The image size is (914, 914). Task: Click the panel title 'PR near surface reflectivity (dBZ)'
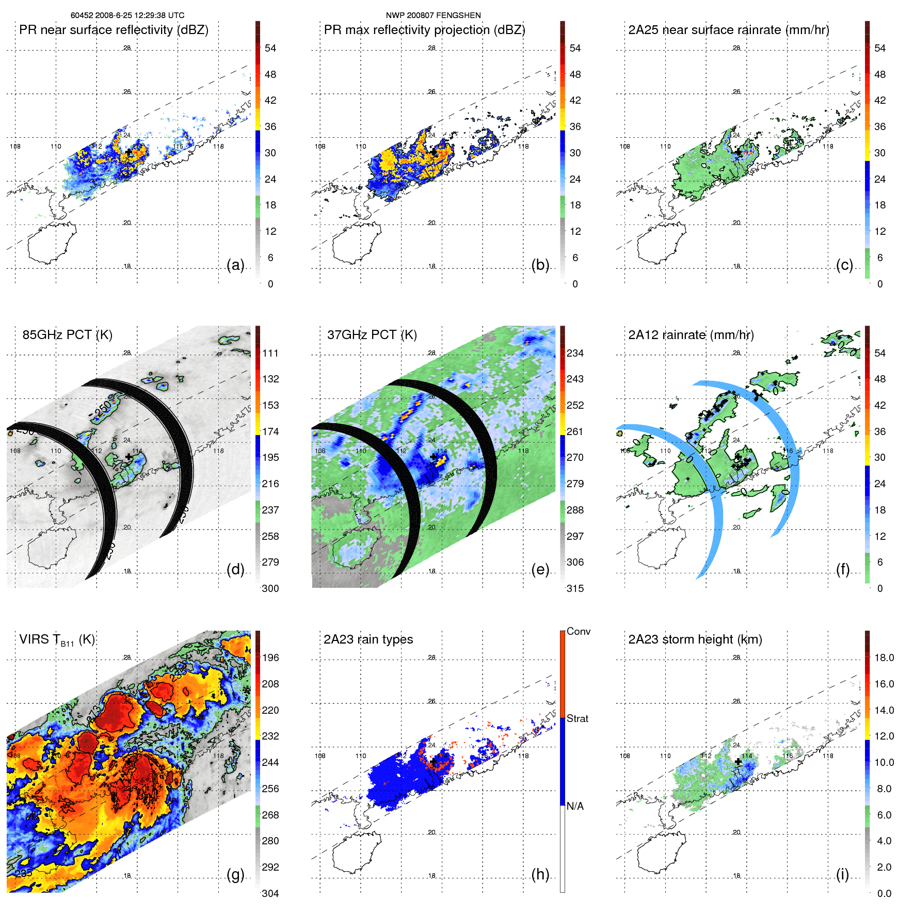[114, 30]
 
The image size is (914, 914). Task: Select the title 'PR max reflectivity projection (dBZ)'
[424, 30]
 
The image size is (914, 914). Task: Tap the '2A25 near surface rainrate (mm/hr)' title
[729, 30]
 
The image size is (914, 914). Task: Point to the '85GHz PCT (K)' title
[67, 335]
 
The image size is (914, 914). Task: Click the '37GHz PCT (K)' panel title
[372, 335]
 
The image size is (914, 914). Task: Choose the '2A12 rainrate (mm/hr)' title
[691, 335]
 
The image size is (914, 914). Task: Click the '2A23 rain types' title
[368, 639]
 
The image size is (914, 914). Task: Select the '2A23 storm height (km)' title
[695, 639]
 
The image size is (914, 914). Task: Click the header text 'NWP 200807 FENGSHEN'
[433, 15]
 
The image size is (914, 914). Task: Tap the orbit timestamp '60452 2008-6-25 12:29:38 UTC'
[127, 15]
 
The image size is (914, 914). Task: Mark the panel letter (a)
[235, 265]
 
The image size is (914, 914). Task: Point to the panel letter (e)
[540, 569]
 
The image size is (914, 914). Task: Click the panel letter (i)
[842, 874]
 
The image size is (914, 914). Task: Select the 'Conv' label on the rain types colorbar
[578, 631]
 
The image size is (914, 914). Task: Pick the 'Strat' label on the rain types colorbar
[577, 718]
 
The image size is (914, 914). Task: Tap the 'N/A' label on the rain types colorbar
[575, 806]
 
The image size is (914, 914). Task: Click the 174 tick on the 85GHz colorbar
[270, 431]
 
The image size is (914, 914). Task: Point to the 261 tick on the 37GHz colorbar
[575, 431]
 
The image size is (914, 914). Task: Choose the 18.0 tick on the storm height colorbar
[884, 658]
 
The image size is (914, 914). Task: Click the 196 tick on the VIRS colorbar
[270, 658]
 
